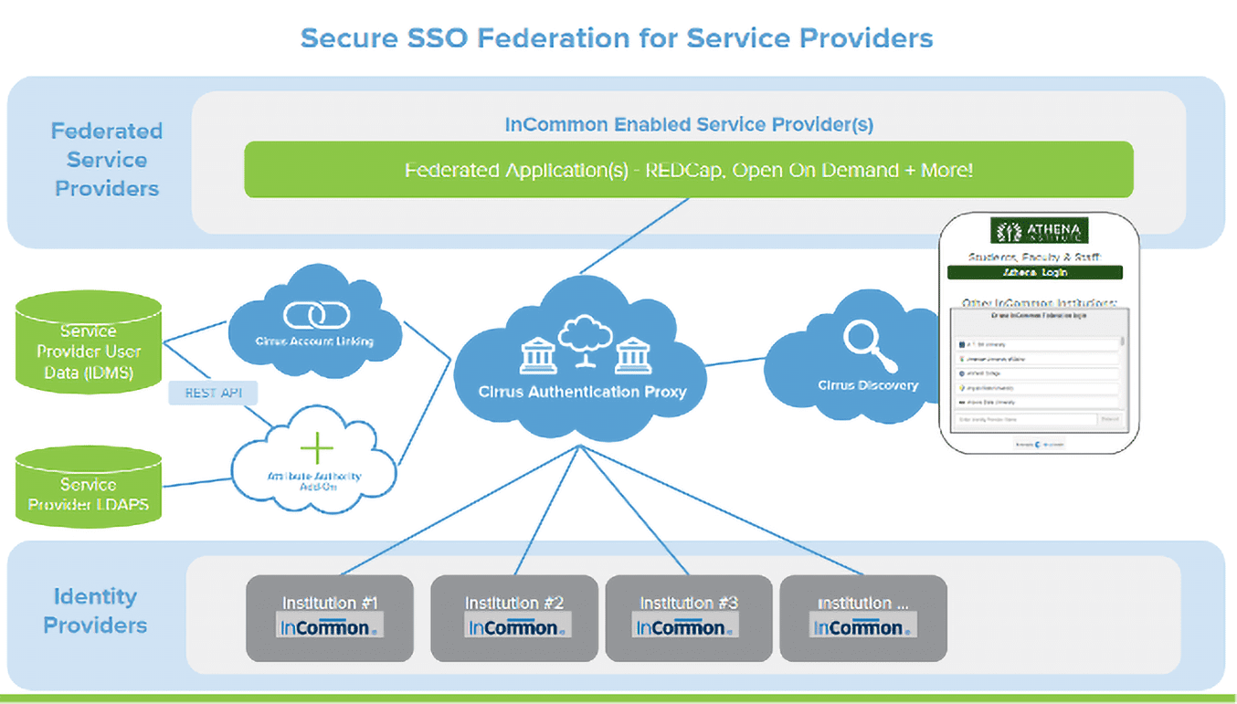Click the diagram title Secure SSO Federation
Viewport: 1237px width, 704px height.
(617, 38)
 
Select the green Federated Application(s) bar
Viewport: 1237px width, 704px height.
(688, 170)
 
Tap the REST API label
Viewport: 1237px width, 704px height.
(213, 394)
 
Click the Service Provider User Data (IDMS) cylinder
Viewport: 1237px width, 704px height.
(89, 345)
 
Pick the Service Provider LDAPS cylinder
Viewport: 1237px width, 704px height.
(89, 487)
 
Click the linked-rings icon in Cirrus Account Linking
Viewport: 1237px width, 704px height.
(314, 315)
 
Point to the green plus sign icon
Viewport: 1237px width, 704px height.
(316, 448)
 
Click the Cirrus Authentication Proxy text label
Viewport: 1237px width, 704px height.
(582, 392)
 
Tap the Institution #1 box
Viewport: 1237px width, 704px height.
(330, 617)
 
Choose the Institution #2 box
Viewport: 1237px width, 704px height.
(513, 617)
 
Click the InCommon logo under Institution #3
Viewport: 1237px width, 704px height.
(686, 627)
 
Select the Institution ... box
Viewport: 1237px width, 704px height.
(862, 617)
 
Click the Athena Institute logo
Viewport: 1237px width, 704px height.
(1040, 230)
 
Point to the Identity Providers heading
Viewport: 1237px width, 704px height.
(95, 611)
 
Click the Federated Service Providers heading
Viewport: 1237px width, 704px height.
(107, 160)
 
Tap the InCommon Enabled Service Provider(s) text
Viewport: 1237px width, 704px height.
(689, 125)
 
